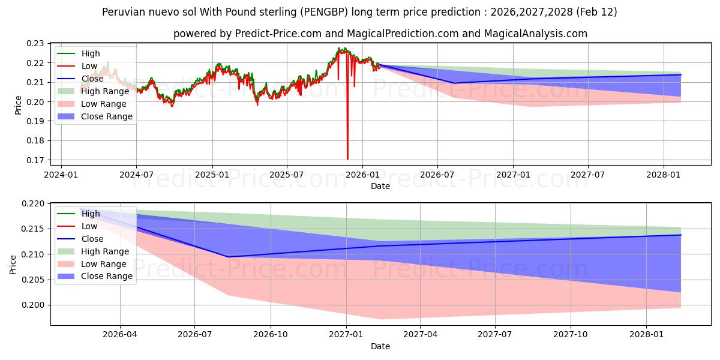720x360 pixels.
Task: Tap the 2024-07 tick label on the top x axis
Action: (x=137, y=175)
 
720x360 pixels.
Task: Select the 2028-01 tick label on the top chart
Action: (x=664, y=175)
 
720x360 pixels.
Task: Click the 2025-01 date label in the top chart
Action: (x=212, y=175)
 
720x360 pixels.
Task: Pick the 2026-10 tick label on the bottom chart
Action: (x=271, y=335)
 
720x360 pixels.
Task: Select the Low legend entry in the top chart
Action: (x=89, y=66)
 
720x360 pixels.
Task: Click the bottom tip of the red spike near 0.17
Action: (x=347, y=159)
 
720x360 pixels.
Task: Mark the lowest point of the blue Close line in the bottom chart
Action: (x=228, y=257)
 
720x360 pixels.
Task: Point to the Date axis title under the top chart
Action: (x=380, y=186)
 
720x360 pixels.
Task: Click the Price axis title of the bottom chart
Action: (x=13, y=264)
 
